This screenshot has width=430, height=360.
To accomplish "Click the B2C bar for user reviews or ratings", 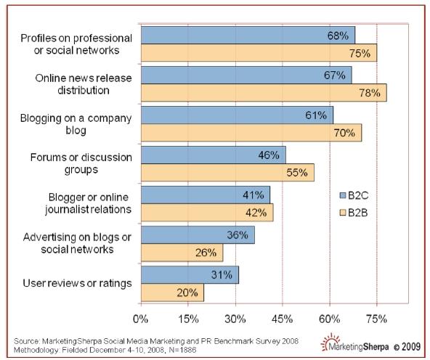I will pyautogui.click(x=189, y=275).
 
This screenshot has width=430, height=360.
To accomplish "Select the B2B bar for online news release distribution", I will pyautogui.click(x=263, y=93).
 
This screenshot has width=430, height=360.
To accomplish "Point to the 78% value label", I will pyautogui.click(x=368, y=93).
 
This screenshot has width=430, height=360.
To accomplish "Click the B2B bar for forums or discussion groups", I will pyautogui.click(x=227, y=173).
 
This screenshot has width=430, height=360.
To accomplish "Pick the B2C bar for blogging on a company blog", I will pyautogui.click(x=237, y=115).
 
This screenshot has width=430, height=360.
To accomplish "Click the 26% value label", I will pyautogui.click(x=206, y=253).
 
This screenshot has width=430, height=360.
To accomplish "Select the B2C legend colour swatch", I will pyautogui.click(x=343, y=195).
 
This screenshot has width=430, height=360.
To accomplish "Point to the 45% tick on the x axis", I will pyautogui.click(x=282, y=317).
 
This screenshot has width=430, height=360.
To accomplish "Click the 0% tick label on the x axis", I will pyautogui.click(x=141, y=317).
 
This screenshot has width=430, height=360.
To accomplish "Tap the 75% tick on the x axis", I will pyautogui.click(x=376, y=317).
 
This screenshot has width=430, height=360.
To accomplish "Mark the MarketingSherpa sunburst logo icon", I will pyautogui.click(x=329, y=341).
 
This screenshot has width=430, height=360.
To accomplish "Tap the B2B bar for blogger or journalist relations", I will pyautogui.click(x=206, y=213).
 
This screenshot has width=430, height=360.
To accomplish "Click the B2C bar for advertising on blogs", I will pyautogui.click(x=197, y=235).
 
